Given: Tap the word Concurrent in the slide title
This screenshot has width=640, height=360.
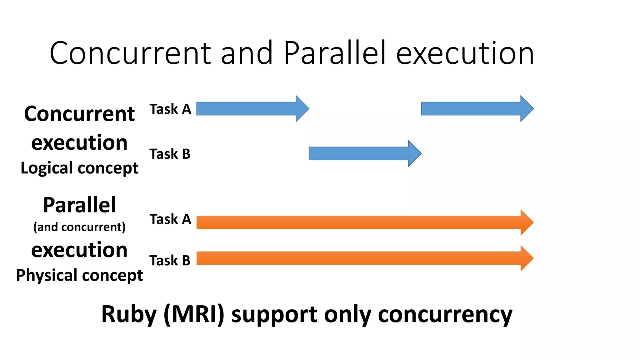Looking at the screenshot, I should coord(130,53).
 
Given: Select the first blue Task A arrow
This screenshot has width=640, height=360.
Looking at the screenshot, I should coord(250,109).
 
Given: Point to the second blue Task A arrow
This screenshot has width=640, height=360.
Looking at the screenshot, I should coord(475,109).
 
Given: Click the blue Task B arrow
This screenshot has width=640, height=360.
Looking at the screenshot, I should coord(362,153).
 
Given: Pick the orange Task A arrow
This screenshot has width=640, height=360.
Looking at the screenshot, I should coord(362,222).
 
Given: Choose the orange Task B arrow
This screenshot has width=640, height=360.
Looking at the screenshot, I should coord(362,258).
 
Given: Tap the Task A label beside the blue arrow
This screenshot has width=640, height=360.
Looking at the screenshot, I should coord(170,109).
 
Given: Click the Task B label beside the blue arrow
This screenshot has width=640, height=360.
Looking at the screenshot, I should coord(170,154).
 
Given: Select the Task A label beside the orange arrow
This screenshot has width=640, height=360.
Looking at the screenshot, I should coord(170,219).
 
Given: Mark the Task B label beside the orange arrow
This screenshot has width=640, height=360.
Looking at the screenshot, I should coord(170,261).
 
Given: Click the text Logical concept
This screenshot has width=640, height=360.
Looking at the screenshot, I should coord(79,168).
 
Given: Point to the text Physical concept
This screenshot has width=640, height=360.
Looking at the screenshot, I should coord(79,276).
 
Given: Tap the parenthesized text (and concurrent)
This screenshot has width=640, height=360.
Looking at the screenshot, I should coord(79,227).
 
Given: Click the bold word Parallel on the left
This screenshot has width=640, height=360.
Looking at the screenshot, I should coord(79,205).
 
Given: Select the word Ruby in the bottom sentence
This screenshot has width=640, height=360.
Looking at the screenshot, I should coord(129,314).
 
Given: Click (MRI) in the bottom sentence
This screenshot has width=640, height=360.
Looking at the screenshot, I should coord(194,314).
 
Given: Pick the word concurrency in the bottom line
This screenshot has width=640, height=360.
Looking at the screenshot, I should coord(445,314).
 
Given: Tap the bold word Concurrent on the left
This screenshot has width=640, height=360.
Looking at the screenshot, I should coord(79,114).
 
